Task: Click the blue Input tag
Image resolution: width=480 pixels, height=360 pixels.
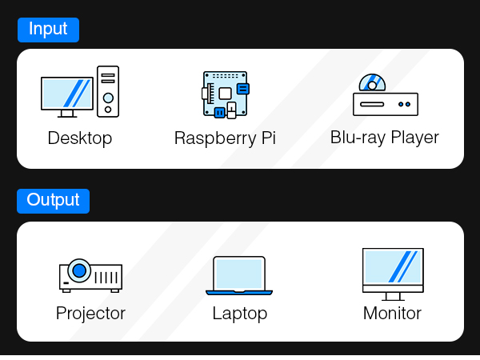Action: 48,30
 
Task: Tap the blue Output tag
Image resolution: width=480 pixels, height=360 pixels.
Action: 54,201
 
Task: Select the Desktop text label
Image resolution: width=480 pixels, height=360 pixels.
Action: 80,138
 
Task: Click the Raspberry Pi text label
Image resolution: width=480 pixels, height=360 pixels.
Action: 225,138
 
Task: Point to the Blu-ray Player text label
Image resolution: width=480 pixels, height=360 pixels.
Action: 385,138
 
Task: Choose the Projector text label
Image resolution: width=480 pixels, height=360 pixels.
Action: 90,314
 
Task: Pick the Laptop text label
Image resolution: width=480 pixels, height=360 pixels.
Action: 240,314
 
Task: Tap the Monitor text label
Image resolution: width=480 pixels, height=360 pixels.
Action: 392,314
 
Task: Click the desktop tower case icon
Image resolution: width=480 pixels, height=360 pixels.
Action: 108,91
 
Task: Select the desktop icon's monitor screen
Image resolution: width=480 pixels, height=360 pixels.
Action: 67,93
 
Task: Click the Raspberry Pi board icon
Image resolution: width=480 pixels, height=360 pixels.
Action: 226,94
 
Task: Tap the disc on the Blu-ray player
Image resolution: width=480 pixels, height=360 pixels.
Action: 372,83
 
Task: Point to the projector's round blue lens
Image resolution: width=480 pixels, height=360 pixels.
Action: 79,270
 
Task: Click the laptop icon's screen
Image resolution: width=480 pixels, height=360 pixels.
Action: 239,274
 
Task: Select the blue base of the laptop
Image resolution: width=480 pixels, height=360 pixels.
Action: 239,293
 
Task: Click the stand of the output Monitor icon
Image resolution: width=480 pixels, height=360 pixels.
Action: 393,297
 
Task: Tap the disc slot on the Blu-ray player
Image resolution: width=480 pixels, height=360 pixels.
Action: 372,104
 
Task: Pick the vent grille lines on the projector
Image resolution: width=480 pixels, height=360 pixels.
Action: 106,278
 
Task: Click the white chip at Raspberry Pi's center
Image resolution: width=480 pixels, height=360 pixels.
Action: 225,94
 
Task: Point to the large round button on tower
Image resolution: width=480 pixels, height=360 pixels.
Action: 108,98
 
